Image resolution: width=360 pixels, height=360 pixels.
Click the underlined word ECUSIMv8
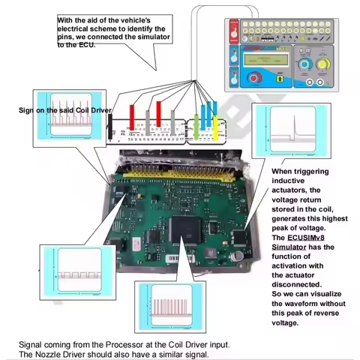tap(298, 238)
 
